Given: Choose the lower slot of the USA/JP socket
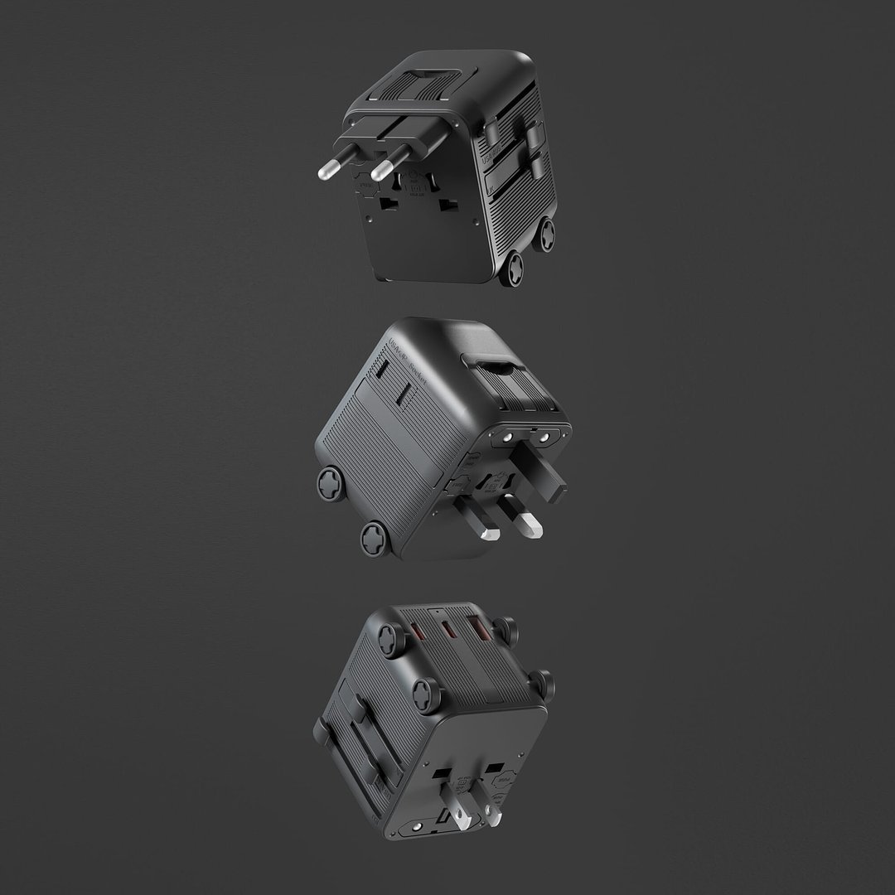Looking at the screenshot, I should click(404, 395).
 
